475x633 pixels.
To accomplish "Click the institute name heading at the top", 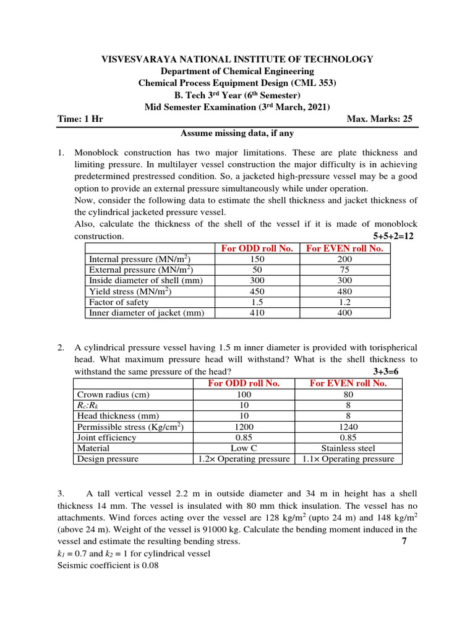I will click(237, 59).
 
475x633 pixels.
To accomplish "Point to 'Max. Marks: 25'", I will click(380, 119).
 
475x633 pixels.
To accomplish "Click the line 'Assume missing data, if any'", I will click(237, 133).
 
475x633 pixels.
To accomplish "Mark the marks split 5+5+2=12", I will click(395, 237).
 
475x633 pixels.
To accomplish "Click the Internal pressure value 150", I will click(257, 260).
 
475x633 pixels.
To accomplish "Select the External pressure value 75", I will click(344, 270).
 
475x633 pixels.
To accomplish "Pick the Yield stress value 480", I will click(344, 292).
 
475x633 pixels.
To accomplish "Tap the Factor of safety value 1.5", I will click(257, 302).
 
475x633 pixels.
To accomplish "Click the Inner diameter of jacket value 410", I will click(257, 313).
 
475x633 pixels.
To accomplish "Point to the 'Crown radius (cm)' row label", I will click(113, 394).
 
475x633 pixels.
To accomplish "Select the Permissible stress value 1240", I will click(349, 427).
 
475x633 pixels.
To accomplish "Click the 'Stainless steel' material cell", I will click(349, 448).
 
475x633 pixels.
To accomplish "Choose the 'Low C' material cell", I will click(244, 448).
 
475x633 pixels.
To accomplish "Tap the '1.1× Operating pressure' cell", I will click(349, 459).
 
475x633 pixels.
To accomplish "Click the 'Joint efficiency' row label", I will click(106, 438).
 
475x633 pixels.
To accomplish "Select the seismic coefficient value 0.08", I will click(148, 564).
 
